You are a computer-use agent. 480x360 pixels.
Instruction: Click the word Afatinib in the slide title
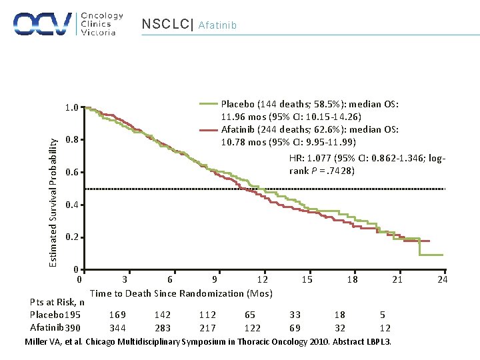pyautogui.click(x=217, y=26)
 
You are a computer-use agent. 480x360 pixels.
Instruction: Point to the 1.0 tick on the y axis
pyautogui.click(x=71, y=107)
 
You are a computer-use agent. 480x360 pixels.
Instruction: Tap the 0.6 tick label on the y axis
pyautogui.click(x=71, y=173)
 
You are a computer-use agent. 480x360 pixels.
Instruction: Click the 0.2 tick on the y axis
pyautogui.click(x=71, y=237)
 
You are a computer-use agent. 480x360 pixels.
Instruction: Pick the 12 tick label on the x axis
pyautogui.click(x=263, y=280)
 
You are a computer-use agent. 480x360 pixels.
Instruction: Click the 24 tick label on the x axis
pyautogui.click(x=442, y=280)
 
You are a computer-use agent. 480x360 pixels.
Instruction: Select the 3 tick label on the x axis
pyautogui.click(x=125, y=280)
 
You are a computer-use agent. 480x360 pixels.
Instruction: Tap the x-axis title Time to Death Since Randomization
pyautogui.click(x=181, y=293)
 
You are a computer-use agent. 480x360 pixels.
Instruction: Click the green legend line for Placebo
pyautogui.click(x=209, y=103)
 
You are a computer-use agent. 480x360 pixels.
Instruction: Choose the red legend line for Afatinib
pyautogui.click(x=209, y=129)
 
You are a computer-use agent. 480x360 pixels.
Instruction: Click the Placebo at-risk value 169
pyautogui.click(x=117, y=315)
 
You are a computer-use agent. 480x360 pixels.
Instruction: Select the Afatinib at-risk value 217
pyautogui.click(x=207, y=328)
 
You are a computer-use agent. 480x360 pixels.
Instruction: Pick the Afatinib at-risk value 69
pyautogui.click(x=295, y=328)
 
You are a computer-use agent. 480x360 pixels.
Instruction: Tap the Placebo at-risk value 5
pyautogui.click(x=382, y=315)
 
